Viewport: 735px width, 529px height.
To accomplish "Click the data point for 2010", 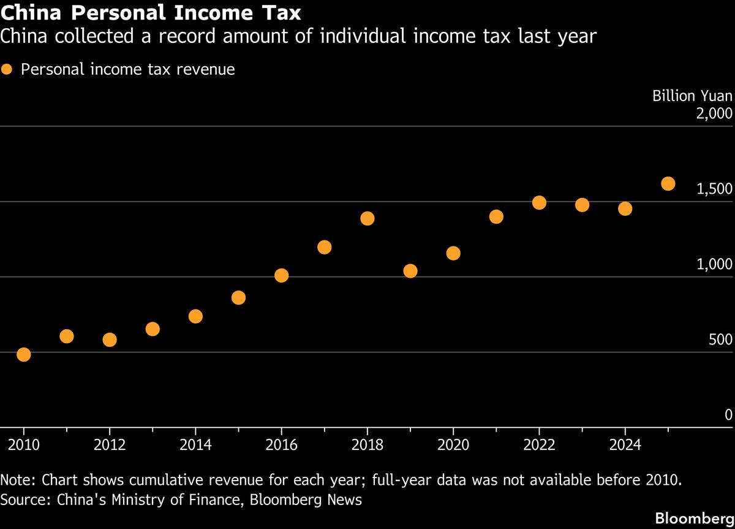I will click(x=24, y=354).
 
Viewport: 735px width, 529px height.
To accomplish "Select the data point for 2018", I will click(x=367, y=218).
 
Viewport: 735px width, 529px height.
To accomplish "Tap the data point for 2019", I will click(x=410, y=271).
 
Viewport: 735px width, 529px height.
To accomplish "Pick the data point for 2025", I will click(x=668, y=183).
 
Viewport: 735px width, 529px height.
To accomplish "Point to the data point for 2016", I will click(x=282, y=275).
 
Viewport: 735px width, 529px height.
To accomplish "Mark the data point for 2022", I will click(x=539, y=202).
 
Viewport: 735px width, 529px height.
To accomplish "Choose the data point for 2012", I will click(x=110, y=340).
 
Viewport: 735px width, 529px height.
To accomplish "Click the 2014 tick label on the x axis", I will click(x=195, y=444).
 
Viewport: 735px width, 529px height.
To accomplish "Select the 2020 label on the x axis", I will click(x=453, y=444).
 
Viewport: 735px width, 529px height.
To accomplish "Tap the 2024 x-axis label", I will click(x=625, y=444).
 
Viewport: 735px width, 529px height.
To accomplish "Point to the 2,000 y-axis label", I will click(x=714, y=113).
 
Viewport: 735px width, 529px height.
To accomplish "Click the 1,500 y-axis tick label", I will click(x=714, y=189).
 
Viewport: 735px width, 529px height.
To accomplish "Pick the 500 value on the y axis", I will click(x=720, y=340).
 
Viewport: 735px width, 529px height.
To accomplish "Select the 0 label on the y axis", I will click(x=728, y=415).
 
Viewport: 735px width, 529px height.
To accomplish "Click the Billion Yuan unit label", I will click(x=692, y=96).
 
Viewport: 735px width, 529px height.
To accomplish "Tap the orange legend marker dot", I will click(x=7, y=69).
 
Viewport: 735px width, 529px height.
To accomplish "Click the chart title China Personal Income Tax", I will click(x=151, y=12).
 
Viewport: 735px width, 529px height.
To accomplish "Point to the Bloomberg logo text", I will click(x=695, y=518).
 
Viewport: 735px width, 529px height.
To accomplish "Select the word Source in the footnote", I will click(x=24, y=500).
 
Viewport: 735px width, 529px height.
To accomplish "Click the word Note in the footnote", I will click(x=17, y=479).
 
